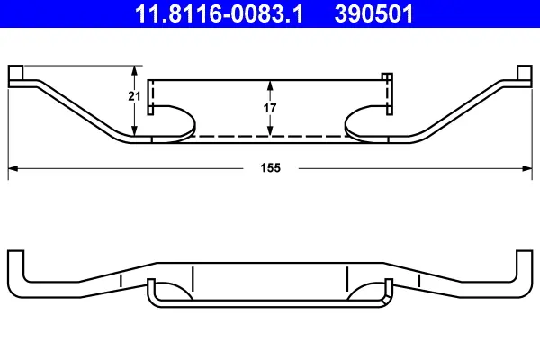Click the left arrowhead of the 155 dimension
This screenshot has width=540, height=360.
(13, 167)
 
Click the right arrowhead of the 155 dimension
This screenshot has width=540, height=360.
(526, 167)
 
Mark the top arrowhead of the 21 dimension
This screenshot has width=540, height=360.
(135, 69)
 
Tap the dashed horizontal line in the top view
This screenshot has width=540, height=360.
(270, 137)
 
